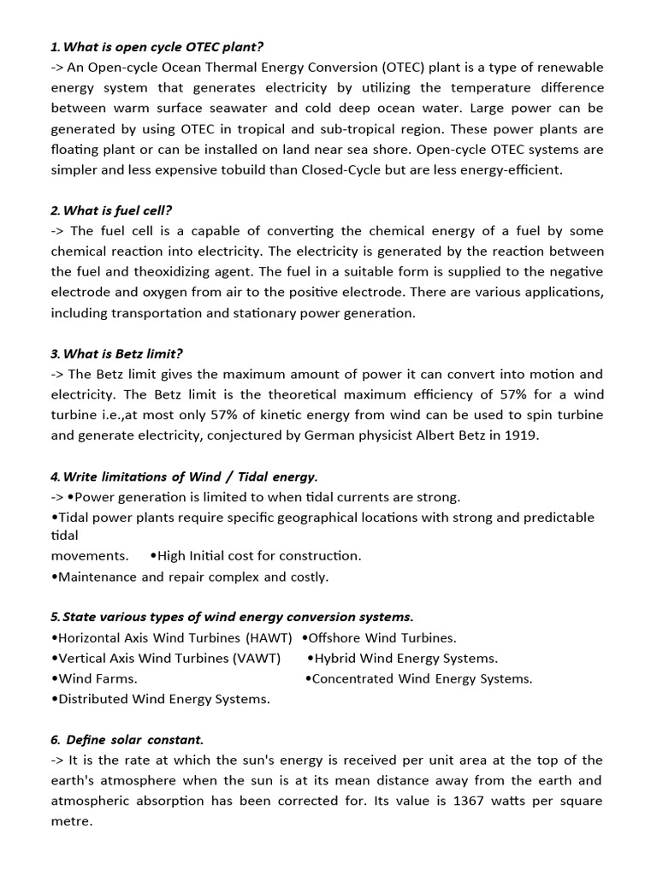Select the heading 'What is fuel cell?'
point(117,210)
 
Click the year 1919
point(522,435)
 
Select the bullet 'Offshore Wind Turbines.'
point(379,637)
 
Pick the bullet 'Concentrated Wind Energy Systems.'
point(418,678)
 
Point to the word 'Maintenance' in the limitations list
point(95,577)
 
